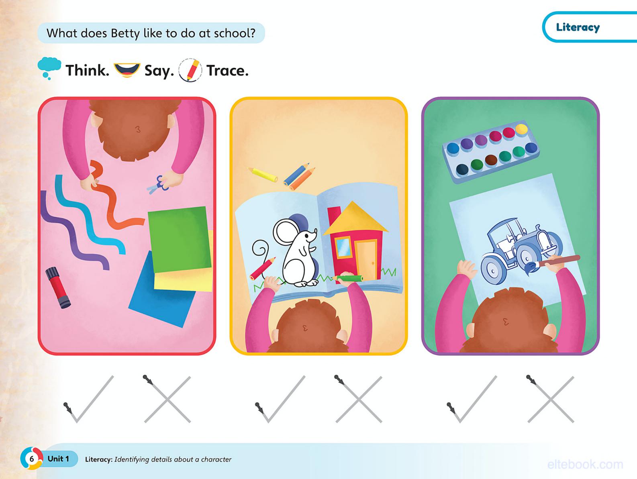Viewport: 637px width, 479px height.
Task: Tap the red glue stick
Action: tap(58, 287)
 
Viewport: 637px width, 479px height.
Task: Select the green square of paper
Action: tap(179, 239)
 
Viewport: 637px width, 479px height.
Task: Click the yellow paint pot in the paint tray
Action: tap(521, 129)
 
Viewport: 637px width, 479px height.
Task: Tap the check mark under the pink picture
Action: tap(89, 400)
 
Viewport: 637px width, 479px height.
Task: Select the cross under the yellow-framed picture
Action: tap(359, 400)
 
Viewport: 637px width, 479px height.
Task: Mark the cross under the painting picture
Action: tap(551, 400)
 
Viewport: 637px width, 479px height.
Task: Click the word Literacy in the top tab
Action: tap(578, 27)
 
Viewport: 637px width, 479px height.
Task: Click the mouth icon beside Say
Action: tap(127, 70)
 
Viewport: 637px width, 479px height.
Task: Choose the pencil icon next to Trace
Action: tap(190, 70)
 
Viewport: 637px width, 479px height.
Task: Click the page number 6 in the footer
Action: tap(32, 459)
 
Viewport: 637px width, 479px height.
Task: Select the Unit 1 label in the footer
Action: tap(58, 459)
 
